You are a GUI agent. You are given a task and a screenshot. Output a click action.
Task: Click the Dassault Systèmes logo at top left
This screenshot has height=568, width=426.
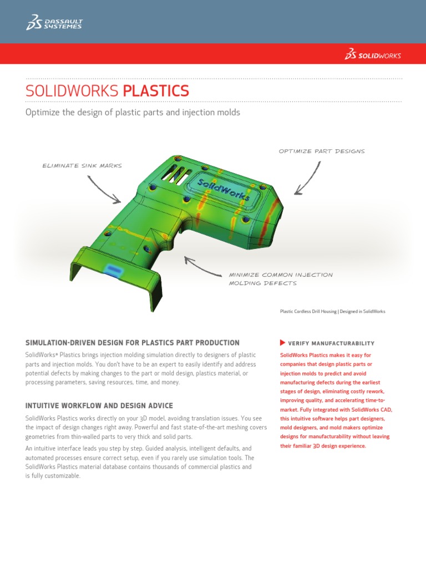[54, 22]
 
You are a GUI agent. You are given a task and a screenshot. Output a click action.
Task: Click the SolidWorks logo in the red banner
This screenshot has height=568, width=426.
[373, 54]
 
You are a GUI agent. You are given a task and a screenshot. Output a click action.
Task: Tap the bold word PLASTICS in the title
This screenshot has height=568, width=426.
[156, 91]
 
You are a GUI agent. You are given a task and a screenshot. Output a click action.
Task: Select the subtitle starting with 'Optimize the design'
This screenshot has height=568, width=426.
[133, 113]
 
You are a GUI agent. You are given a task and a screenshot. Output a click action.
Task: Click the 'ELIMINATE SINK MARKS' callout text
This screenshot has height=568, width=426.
[82, 165]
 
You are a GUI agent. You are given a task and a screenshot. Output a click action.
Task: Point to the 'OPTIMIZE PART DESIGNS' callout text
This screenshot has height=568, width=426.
[322, 151]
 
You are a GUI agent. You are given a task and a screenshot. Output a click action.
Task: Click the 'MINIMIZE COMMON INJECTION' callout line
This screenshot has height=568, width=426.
[281, 275]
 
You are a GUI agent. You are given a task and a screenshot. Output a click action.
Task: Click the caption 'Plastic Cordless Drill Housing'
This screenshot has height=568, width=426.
[308, 312]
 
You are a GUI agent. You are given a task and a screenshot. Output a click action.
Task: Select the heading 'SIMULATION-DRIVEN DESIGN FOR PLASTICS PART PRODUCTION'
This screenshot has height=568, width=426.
[133, 343]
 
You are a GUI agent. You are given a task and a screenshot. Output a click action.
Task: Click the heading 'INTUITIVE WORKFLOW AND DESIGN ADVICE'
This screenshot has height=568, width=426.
[99, 405]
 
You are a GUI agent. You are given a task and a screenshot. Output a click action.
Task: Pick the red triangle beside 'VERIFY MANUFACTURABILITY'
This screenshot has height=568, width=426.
[283, 343]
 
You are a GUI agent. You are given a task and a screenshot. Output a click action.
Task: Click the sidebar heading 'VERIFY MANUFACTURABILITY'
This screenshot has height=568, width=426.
[331, 343]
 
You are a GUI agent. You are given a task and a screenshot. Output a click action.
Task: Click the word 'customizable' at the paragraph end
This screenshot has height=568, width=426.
[62, 476]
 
